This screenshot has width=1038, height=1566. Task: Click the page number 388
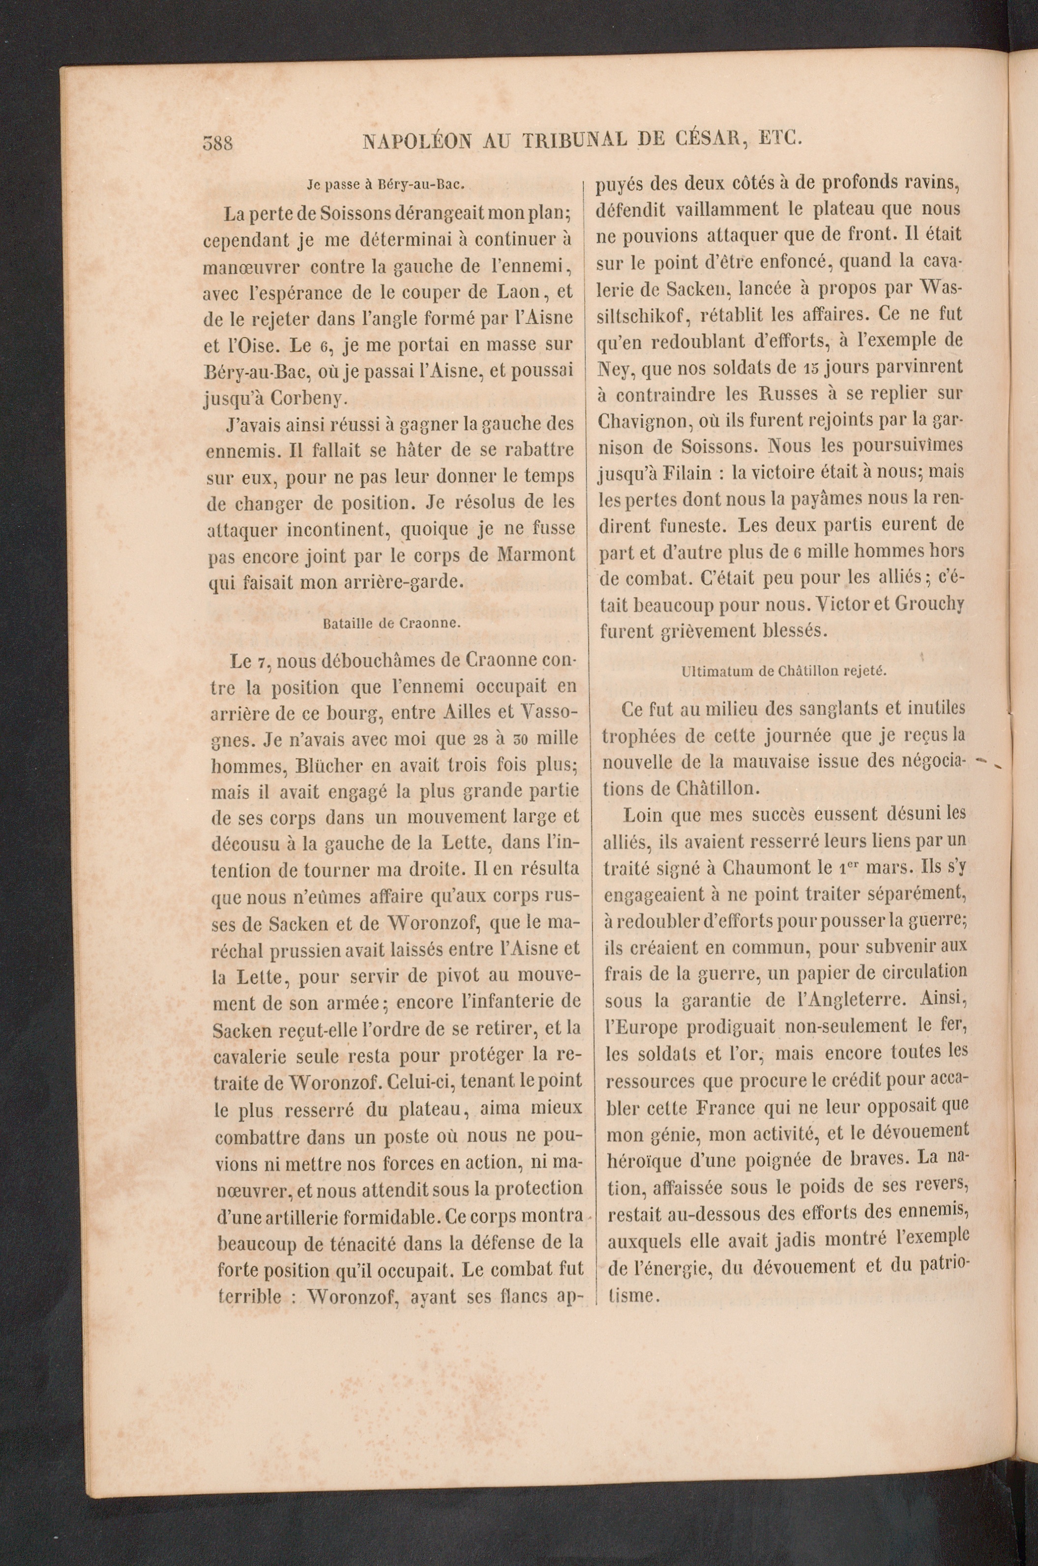coord(217,142)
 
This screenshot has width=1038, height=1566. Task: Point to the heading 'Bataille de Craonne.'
coord(392,623)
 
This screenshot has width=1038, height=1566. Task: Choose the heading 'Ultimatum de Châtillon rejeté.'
coord(783,670)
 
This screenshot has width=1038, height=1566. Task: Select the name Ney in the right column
coord(614,367)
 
